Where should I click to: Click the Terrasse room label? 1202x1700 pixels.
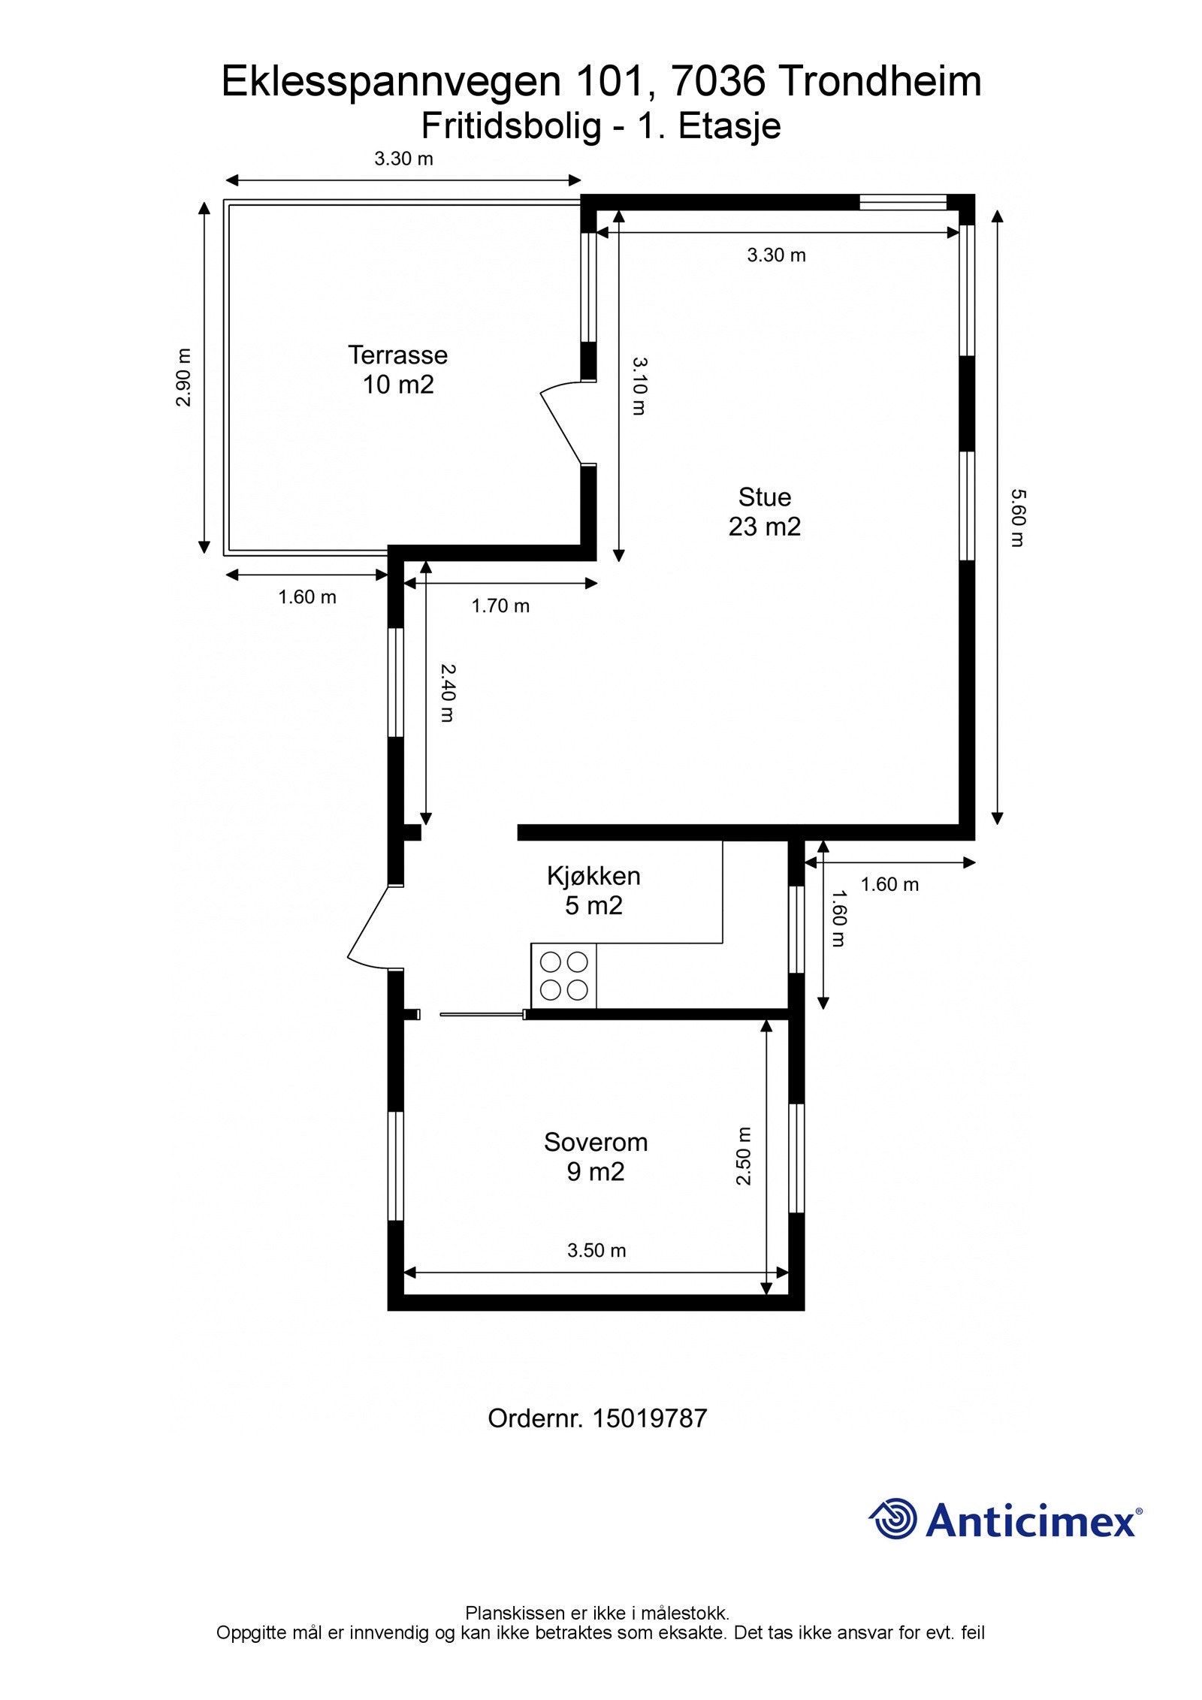click(397, 355)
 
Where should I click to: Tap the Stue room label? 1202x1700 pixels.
click(764, 497)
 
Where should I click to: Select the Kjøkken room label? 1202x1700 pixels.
click(593, 876)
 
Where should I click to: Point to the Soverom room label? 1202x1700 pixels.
click(596, 1142)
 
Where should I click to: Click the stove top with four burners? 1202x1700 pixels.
click(563, 976)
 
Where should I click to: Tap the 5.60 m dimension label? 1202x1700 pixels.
click(1017, 518)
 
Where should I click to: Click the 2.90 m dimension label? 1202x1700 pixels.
click(183, 377)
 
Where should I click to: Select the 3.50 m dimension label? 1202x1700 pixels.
click(596, 1250)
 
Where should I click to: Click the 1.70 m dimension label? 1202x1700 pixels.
click(500, 605)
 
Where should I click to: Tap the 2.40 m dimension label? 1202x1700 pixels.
click(447, 693)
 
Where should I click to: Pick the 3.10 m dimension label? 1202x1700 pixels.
click(639, 385)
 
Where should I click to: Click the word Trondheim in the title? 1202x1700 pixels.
click(879, 81)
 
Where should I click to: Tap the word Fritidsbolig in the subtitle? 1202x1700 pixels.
click(512, 126)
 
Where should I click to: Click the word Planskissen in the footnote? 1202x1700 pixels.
click(515, 1613)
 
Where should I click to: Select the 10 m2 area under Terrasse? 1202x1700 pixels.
click(398, 385)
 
